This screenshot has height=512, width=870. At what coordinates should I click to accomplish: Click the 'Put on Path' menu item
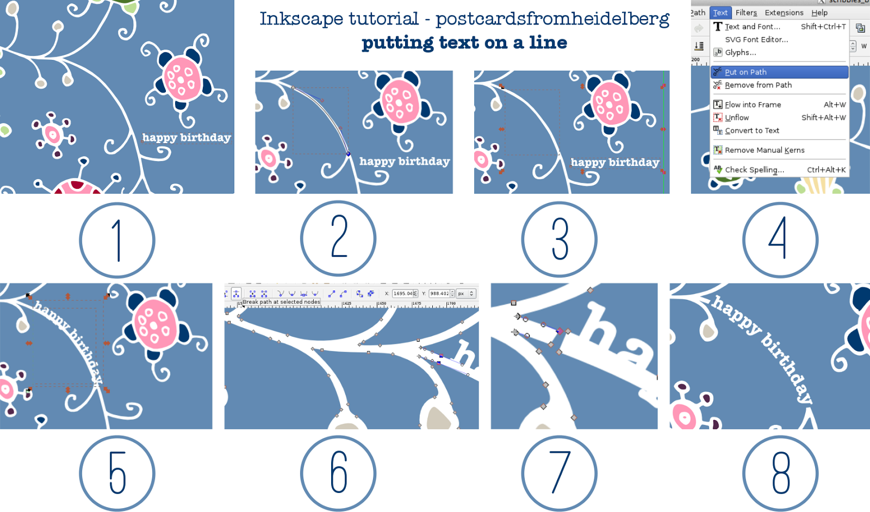click(745, 72)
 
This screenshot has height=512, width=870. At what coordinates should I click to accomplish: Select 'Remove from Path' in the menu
click(758, 85)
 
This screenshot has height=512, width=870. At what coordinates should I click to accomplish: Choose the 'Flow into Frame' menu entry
click(753, 104)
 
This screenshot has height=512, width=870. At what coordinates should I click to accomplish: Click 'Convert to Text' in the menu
click(752, 131)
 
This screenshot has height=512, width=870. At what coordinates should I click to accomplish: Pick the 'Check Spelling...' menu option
click(754, 170)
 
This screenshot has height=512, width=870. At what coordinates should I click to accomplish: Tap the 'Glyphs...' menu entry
click(740, 53)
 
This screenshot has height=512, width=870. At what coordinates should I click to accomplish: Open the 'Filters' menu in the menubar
click(746, 13)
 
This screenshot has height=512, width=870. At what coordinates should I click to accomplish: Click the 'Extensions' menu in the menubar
click(784, 13)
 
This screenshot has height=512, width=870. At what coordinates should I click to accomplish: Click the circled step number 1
click(117, 240)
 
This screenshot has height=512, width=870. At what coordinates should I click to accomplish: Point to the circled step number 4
click(780, 239)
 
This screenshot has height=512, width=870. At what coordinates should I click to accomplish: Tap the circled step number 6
click(338, 473)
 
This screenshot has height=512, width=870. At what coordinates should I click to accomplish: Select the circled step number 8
click(780, 473)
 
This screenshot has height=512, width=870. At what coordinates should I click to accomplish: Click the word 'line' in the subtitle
click(548, 42)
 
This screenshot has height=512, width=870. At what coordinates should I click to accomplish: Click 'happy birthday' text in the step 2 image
click(405, 162)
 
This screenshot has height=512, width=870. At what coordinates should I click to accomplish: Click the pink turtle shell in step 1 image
click(182, 79)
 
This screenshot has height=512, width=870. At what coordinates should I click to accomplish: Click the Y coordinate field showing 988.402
click(439, 294)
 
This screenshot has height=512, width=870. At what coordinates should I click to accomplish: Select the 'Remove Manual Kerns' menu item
click(764, 150)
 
